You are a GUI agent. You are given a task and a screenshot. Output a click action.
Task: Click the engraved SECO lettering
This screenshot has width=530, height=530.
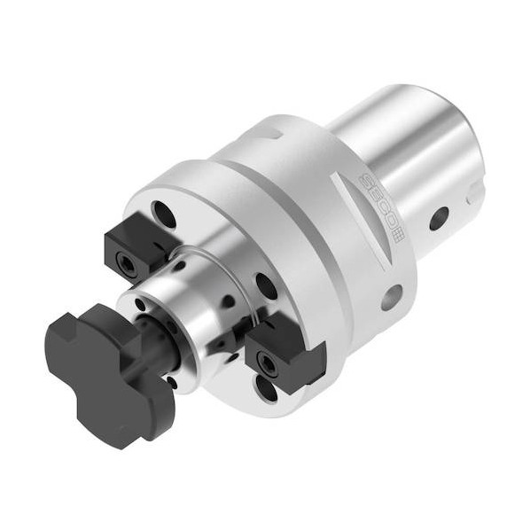(x=378, y=202)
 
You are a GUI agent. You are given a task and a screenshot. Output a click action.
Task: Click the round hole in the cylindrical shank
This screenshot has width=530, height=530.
(x=439, y=218)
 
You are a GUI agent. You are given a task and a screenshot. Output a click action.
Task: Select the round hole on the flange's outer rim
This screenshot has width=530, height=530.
(x=392, y=297)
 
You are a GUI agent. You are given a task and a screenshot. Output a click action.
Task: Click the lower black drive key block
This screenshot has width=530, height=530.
(x=285, y=352)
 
